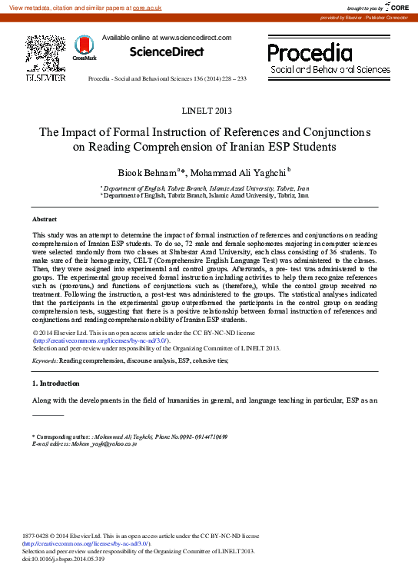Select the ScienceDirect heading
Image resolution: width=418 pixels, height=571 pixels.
[x=166, y=51]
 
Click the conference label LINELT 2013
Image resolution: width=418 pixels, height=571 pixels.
[x=209, y=111]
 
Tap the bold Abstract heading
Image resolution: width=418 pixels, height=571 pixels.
[x=45, y=219]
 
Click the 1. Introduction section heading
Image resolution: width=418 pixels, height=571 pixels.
[x=55, y=383]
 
